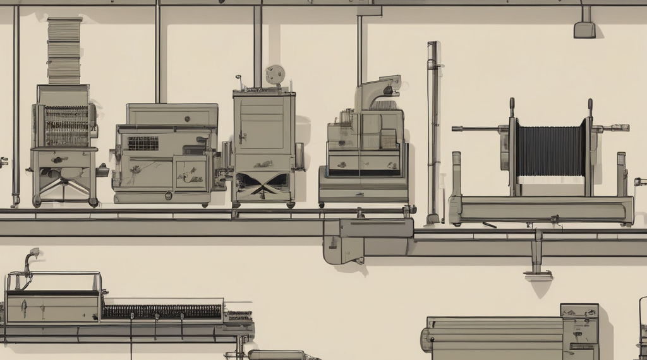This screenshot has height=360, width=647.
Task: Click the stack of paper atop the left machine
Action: [x=64, y=51]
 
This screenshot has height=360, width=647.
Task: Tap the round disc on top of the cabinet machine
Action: [x=275, y=75]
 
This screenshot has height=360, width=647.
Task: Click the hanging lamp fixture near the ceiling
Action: [x=584, y=28]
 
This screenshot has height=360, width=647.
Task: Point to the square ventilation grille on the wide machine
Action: [x=143, y=143]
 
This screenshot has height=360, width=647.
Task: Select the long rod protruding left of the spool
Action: [x=477, y=128]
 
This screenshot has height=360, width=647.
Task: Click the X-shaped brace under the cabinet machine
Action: [x=263, y=183]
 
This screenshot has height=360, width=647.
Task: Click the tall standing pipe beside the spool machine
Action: [x=433, y=133]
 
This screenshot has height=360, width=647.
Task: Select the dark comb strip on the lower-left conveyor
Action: [x=162, y=311]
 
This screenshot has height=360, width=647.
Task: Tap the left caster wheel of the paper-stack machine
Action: [x=37, y=201]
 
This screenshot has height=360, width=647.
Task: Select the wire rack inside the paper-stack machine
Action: [x=66, y=125]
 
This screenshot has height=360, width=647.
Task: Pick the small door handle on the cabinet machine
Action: [x=241, y=136]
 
